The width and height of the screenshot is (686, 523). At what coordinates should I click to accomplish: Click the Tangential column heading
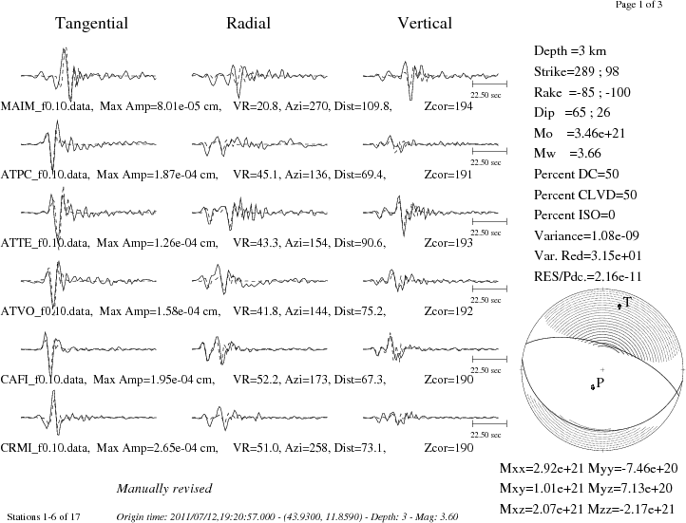point(91,23)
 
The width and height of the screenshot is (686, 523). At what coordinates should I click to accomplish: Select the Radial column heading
point(249,23)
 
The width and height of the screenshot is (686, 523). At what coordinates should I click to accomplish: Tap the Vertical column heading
point(425,23)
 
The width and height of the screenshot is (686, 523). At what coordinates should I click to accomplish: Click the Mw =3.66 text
point(567,154)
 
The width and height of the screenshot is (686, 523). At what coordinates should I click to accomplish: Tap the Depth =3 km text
point(570,51)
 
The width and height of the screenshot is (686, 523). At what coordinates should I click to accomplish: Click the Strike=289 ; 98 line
point(576,71)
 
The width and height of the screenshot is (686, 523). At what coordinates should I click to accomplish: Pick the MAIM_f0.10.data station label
point(47,106)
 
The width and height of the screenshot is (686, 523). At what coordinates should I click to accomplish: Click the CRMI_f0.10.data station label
point(46,448)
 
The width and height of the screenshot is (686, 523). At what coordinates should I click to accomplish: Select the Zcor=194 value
point(448,106)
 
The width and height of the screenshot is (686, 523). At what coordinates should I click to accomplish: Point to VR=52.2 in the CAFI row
point(256,380)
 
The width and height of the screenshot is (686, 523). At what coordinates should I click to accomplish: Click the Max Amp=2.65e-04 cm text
point(157,448)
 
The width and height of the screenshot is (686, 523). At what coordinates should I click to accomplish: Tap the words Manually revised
point(164,489)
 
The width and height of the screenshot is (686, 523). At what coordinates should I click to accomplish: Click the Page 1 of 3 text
point(638,5)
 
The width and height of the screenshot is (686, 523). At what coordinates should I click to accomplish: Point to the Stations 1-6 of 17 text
point(44,517)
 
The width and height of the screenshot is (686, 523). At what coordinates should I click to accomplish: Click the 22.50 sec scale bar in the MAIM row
point(489,83)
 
